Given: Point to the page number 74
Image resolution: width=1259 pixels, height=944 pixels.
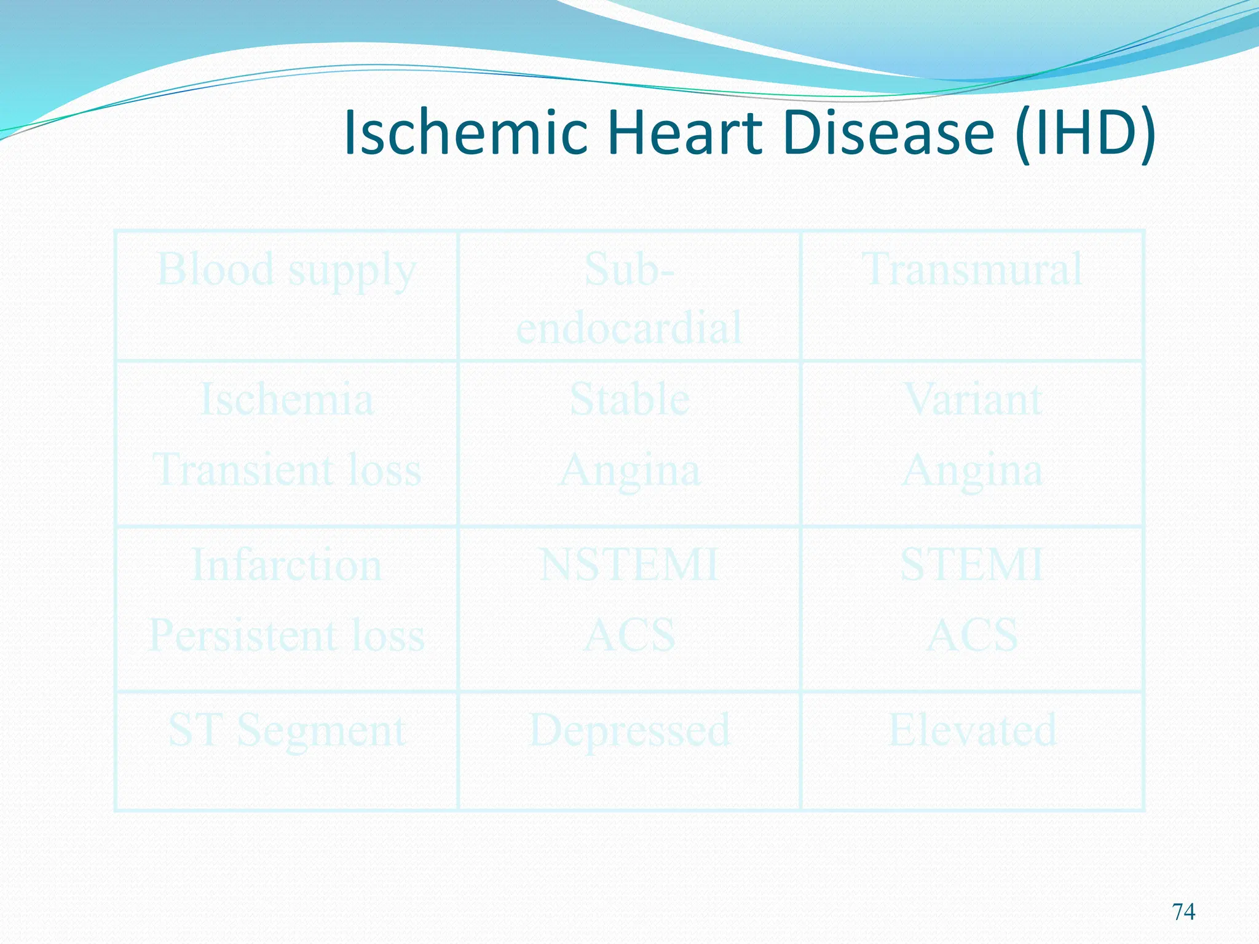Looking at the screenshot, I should pos(1183,911).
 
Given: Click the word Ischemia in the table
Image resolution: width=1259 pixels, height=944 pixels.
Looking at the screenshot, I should pos(286,399).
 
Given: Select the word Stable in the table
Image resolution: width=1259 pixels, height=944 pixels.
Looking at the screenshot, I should pos(629,399).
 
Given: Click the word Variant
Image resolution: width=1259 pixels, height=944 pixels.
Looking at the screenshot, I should pos(972,399).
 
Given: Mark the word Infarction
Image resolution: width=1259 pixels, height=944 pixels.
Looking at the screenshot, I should pos(286,565).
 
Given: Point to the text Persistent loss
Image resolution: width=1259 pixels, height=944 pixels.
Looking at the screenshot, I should pos(286,635).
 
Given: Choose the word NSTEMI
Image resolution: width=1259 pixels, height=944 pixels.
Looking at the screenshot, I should pos(629,565).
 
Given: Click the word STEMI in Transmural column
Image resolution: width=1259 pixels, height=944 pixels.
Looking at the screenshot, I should pos(972,565).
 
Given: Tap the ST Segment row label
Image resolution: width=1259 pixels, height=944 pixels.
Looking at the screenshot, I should pos(286,731).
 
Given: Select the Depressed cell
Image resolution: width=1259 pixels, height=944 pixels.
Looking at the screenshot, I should pos(629,731).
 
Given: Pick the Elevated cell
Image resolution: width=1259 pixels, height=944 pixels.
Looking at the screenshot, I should pos(972,731).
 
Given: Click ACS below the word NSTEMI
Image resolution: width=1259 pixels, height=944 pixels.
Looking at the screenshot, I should pos(629,635).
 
